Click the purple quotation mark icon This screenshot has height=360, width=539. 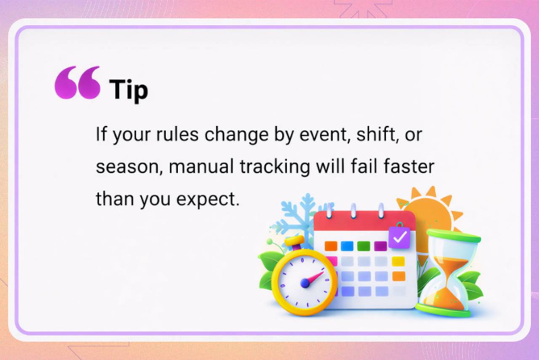pos(77,83)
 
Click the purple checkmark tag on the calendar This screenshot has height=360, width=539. pos(400,237)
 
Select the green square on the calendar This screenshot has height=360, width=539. pos(363,246)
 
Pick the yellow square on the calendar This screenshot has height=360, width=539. pos(398,261)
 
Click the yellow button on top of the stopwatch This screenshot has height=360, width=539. pos(294,241)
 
